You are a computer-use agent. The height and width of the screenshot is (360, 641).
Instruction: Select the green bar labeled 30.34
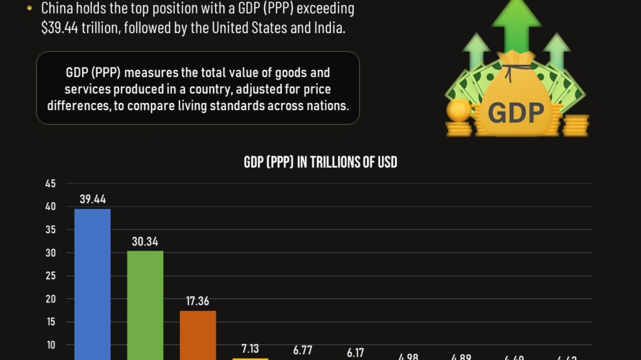(145, 304)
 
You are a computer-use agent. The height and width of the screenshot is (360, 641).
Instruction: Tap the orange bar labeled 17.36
(197, 335)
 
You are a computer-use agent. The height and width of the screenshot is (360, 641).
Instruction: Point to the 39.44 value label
(93, 199)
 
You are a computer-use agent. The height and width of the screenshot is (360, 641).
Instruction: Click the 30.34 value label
(145, 242)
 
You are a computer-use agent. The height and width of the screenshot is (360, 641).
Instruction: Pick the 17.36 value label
(197, 302)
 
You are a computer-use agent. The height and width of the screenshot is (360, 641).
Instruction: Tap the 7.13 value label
(250, 349)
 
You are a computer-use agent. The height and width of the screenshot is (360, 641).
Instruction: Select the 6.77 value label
(302, 350)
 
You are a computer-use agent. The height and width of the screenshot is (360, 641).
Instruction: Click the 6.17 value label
(355, 353)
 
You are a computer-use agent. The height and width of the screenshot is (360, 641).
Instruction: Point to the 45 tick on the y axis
(51, 184)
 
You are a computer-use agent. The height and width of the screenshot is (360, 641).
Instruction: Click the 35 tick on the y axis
(51, 230)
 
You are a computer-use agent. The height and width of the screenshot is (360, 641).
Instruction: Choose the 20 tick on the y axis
(51, 299)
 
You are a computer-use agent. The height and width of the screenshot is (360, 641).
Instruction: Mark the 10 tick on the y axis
(51, 345)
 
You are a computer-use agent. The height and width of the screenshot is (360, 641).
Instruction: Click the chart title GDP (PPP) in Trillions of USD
(320, 162)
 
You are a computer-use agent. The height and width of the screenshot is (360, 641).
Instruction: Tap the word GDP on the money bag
(515, 113)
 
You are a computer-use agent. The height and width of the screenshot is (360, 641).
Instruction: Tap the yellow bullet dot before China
(30, 9)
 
